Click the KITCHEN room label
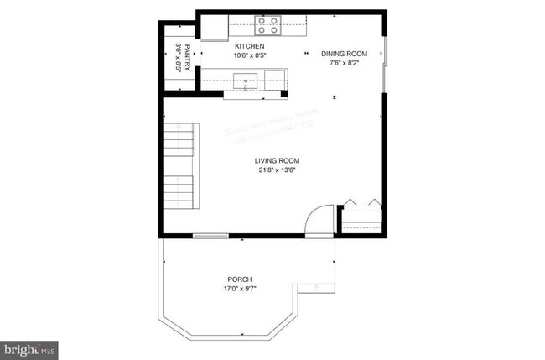[x=249, y=46]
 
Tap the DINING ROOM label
[x=344, y=54]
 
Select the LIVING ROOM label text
[x=278, y=160]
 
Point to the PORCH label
[x=240, y=279]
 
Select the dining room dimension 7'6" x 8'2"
[x=344, y=63]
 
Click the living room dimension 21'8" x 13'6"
[x=278, y=170]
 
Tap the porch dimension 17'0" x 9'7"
[x=240, y=289]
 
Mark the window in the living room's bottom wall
[x=210, y=237]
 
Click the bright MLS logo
[x=29, y=347]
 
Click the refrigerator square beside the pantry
[x=213, y=28]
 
